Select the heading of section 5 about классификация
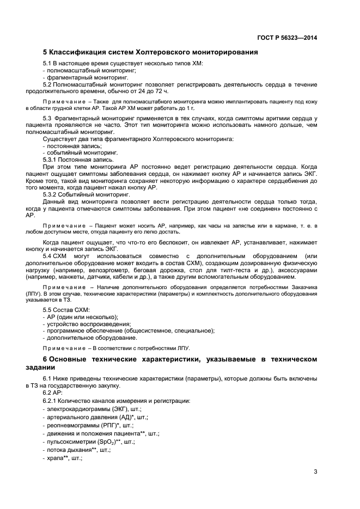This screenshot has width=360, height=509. click(x=150, y=53)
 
